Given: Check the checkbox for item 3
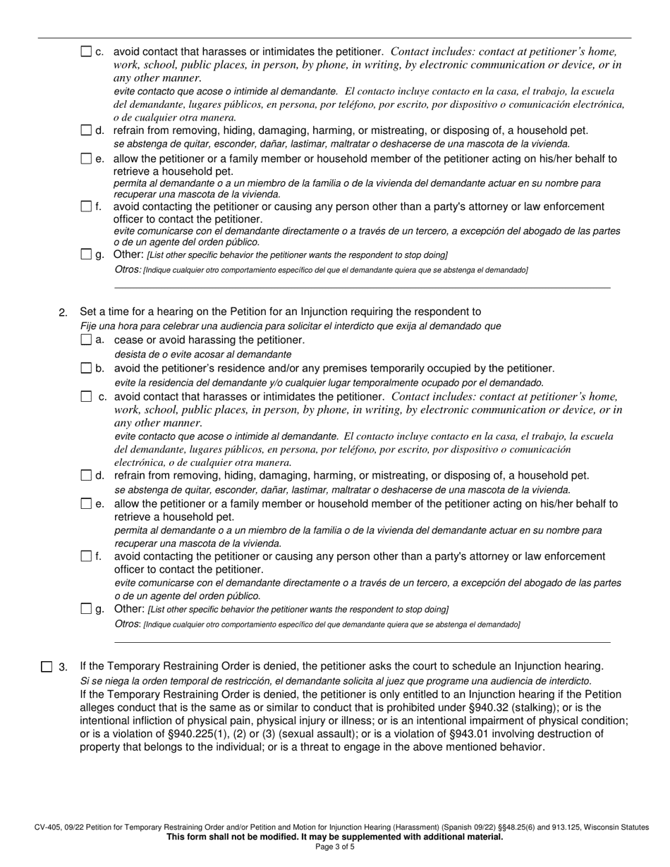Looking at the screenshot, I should click(47, 667).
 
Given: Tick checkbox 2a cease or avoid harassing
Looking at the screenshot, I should click(86, 340).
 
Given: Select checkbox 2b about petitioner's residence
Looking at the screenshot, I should click(86, 369).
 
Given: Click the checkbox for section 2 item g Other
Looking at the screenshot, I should click(86, 609).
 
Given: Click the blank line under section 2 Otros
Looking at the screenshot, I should click(362, 641).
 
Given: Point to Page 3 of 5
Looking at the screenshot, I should click(335, 847).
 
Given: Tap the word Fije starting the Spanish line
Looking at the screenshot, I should click(90, 326).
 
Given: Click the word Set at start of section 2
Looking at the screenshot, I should click(89, 312).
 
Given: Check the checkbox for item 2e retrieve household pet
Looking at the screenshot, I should click(86, 504).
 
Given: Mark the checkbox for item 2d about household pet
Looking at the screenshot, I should click(86, 476).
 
